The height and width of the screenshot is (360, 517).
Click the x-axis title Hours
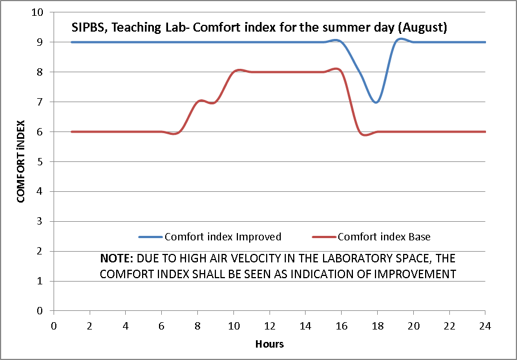[x=269, y=344]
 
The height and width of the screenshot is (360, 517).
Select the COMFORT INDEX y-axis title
[x=21, y=161]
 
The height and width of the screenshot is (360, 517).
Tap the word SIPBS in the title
[x=86, y=27]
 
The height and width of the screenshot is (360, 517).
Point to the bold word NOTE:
[x=117, y=258]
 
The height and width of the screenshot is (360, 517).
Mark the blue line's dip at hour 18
[x=377, y=102]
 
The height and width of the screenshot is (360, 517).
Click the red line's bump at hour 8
[x=198, y=102]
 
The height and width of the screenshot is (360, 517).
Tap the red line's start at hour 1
[x=72, y=132]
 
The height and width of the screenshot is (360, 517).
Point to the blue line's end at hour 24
[x=485, y=42]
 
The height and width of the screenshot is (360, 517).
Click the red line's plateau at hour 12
[x=269, y=72]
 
